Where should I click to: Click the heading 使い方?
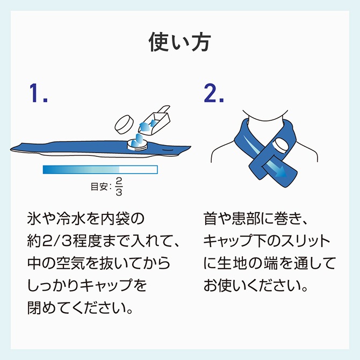[x=180, y=42]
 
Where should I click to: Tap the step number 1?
[x=38, y=93]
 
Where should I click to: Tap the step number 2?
[x=213, y=93]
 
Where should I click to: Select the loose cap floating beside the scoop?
[x=124, y=125]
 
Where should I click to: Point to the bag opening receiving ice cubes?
[x=138, y=145]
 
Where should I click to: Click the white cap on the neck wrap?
[x=280, y=146]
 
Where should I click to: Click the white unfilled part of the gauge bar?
[x=138, y=170]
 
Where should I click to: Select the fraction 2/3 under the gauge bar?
[x=119, y=186]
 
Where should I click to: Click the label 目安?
[x=99, y=186]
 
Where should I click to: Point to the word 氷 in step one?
[x=34, y=219]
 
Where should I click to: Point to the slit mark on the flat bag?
[x=169, y=150]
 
